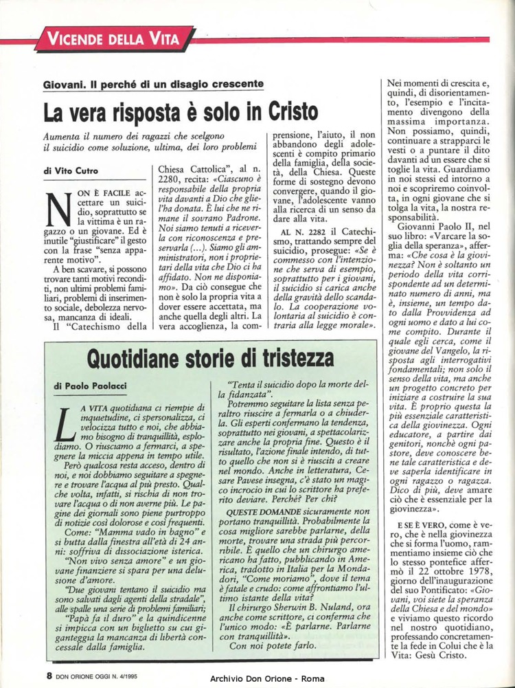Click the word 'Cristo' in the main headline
(x=282, y=110)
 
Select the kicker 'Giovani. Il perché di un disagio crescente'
(x=154, y=84)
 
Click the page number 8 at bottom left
(x=50, y=675)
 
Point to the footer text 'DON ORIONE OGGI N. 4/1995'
(x=111, y=676)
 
